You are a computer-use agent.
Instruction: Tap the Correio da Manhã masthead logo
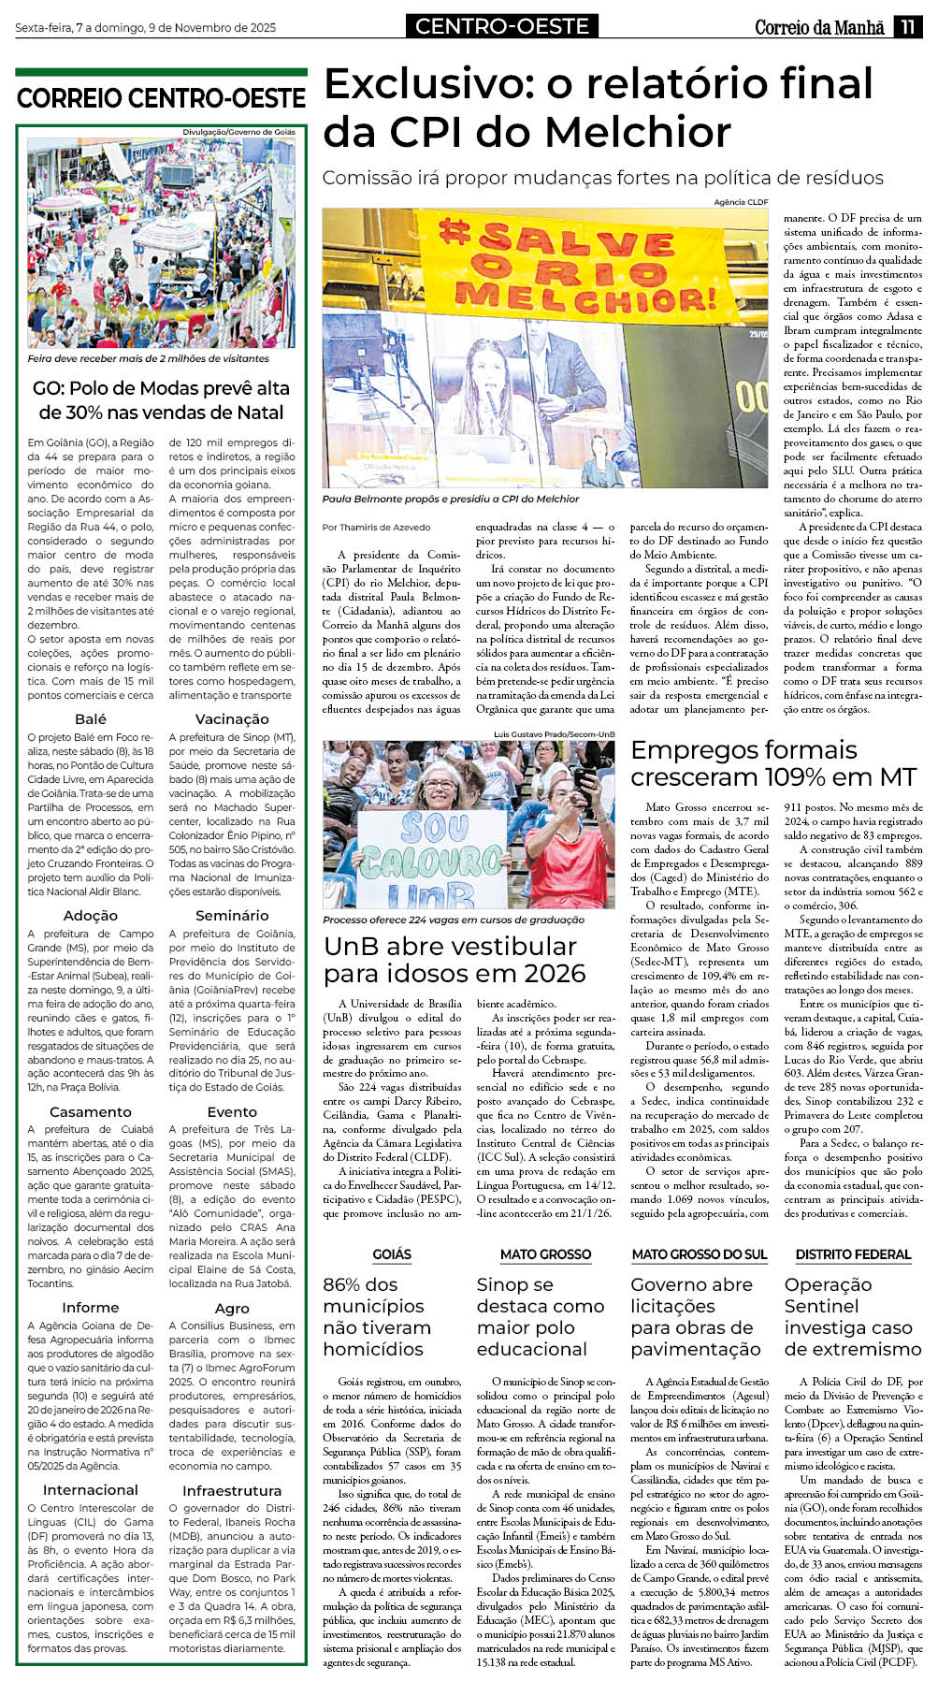click(819, 27)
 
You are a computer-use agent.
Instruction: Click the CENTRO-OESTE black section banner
click(502, 26)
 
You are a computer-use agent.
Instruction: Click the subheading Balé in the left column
click(91, 719)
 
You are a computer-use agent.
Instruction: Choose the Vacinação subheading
click(232, 719)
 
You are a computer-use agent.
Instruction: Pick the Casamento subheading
click(91, 1112)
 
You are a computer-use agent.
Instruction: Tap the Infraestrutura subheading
click(232, 1490)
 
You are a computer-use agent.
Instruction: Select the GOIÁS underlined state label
click(392, 1254)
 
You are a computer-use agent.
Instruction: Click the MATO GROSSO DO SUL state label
click(699, 1254)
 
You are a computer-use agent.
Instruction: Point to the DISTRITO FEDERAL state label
click(853, 1254)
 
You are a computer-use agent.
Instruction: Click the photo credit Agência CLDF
click(740, 202)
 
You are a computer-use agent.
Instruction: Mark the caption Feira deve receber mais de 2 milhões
click(148, 358)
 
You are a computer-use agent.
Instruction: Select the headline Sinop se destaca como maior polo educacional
click(541, 1316)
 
